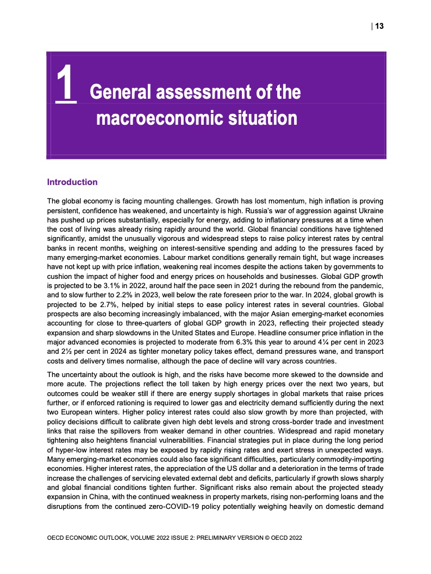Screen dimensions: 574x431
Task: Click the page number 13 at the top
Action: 380,26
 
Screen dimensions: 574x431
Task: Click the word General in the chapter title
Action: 121,92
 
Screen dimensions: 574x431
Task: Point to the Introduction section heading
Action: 72,182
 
